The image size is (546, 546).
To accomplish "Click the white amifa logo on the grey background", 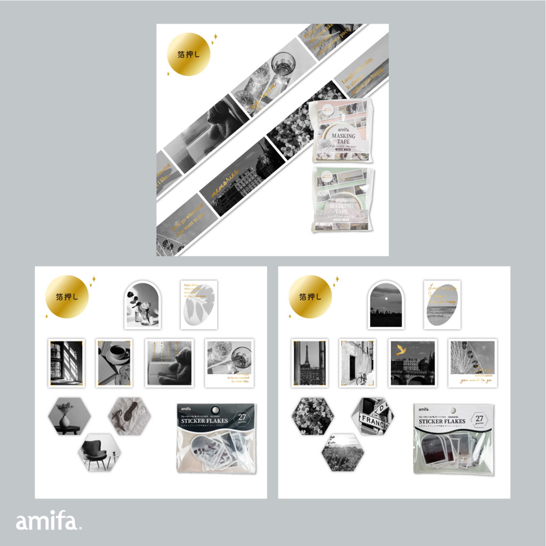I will pyautogui.click(x=49, y=521).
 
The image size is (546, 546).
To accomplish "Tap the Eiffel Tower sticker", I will pyautogui.click(x=310, y=363).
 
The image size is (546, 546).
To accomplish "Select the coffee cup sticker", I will pyautogui.click(x=114, y=363).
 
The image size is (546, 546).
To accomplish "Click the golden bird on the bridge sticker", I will pyautogui.click(x=400, y=350).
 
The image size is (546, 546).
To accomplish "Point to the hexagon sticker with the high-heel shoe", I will pyautogui.click(x=130, y=416).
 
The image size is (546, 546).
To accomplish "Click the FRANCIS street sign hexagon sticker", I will pyautogui.click(x=373, y=416).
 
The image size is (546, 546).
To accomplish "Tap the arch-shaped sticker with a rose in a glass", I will pyautogui.click(x=142, y=304).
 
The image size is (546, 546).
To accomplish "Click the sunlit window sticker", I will pyautogui.click(x=66, y=363).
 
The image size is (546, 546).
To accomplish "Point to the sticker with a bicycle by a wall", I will pyautogui.click(x=358, y=363).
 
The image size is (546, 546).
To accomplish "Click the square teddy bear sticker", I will pyautogui.click(x=170, y=363).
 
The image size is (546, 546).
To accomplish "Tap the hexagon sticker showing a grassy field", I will pyautogui.click(x=343, y=453).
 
